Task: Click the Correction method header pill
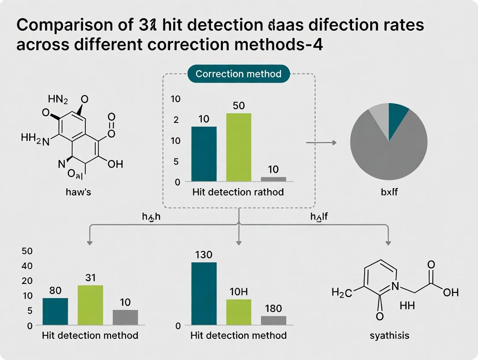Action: pyautogui.click(x=239, y=74)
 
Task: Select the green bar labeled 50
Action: pyautogui.click(x=239, y=147)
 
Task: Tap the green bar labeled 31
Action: pyautogui.click(x=90, y=305)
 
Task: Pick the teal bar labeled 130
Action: pyautogui.click(x=204, y=293)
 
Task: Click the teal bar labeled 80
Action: pyautogui.click(x=55, y=311)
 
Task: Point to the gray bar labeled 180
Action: pyautogui.click(x=274, y=320)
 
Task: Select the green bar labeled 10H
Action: pyautogui.click(x=239, y=312)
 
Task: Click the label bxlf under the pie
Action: pyautogui.click(x=388, y=191)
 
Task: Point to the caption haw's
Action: pyautogui.click(x=78, y=192)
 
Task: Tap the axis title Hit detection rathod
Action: pyautogui.click(x=238, y=192)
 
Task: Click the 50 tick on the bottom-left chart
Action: pyautogui.click(x=27, y=251)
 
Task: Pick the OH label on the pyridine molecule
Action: pyautogui.click(x=450, y=293)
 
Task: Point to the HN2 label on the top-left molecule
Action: pyautogui.click(x=58, y=100)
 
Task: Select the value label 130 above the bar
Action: pyautogui.click(x=203, y=255)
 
